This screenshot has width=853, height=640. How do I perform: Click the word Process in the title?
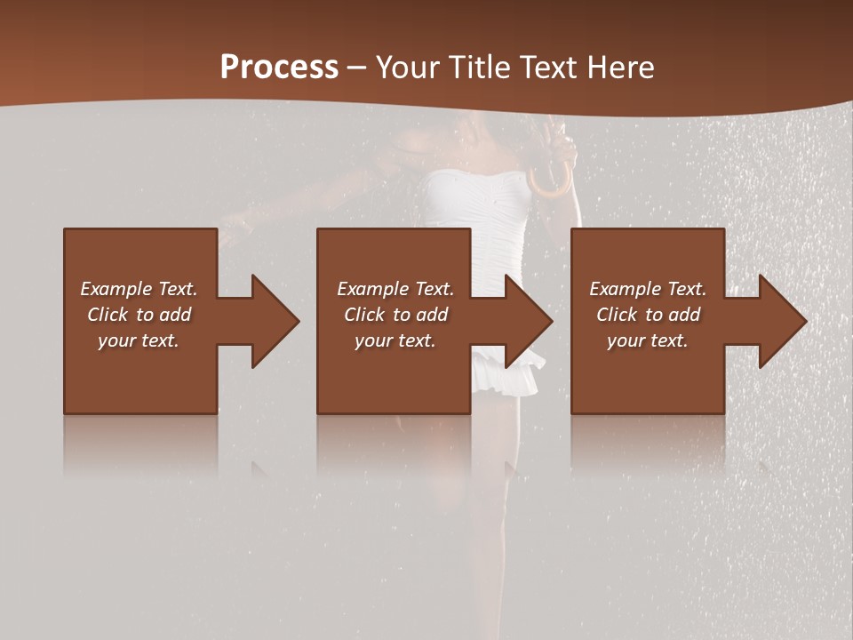click(279, 67)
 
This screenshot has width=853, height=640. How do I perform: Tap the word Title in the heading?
click(477, 68)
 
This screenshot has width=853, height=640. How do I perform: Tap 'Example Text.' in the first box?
click(139, 289)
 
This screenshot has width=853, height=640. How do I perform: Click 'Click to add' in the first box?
click(139, 315)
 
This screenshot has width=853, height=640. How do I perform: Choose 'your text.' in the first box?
click(139, 340)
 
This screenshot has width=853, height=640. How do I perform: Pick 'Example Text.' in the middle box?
click(395, 289)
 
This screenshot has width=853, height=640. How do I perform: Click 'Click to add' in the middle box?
click(395, 315)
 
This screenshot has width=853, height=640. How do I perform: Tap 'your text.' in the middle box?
click(395, 340)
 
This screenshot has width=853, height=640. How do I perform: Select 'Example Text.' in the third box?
click(648, 289)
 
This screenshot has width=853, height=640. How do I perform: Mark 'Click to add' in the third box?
click(648, 315)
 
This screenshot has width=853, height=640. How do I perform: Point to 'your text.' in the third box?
click(648, 340)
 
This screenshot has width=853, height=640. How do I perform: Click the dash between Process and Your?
click(356, 68)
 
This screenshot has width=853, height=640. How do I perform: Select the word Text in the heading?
click(551, 68)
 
